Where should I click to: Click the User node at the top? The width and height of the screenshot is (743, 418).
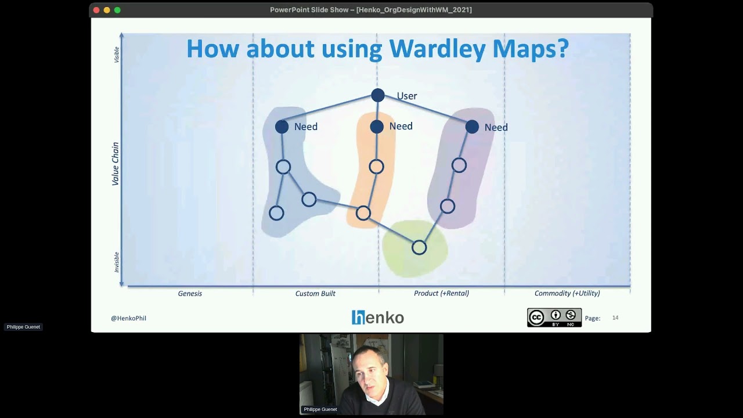pyautogui.click(x=378, y=95)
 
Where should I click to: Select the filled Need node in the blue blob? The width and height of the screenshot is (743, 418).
pyautogui.click(x=282, y=127)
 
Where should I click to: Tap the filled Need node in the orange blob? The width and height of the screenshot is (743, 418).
pyautogui.click(x=377, y=126)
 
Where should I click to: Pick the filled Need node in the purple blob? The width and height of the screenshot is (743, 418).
pyautogui.click(x=472, y=127)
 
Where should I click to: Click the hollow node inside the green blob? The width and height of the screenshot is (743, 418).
pyautogui.click(x=419, y=248)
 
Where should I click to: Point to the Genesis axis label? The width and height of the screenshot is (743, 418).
pyautogui.click(x=190, y=293)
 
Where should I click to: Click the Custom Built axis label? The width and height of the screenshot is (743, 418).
pyautogui.click(x=315, y=293)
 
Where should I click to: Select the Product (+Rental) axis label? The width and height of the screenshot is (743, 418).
pyautogui.click(x=441, y=293)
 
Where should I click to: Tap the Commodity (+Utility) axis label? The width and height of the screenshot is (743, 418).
pyautogui.click(x=567, y=293)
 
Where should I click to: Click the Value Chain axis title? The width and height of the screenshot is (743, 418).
pyautogui.click(x=116, y=164)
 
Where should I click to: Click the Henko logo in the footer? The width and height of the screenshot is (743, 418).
pyautogui.click(x=377, y=318)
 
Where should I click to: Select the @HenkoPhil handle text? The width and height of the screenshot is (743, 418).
pyautogui.click(x=128, y=318)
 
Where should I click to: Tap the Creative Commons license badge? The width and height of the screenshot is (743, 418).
pyautogui.click(x=554, y=318)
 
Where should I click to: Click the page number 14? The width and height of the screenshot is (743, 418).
pyautogui.click(x=615, y=318)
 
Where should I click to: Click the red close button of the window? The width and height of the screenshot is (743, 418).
pyautogui.click(x=96, y=10)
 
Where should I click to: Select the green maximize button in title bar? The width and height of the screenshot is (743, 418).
pyautogui.click(x=117, y=10)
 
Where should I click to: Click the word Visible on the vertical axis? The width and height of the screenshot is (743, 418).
pyautogui.click(x=117, y=55)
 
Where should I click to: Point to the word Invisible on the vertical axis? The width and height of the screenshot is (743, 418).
pyautogui.click(x=117, y=262)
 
